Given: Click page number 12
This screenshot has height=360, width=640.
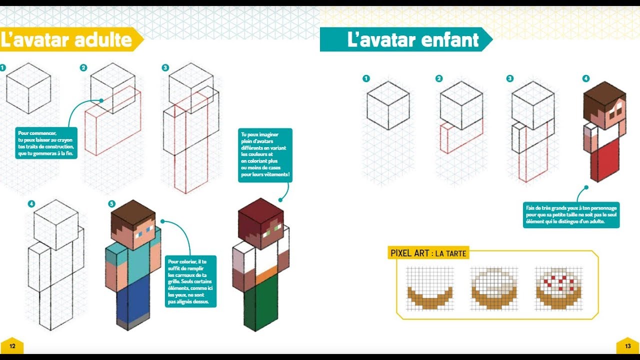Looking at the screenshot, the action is coord(12,346).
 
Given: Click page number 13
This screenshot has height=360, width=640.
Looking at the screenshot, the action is coord(627,346).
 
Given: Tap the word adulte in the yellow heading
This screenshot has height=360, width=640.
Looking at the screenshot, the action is coord(103,39).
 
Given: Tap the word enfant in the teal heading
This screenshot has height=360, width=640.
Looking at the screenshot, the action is coord(450,39).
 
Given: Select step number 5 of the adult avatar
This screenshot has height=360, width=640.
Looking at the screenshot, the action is coord(111,203).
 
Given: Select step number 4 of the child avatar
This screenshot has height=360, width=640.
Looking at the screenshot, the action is coord(585,78).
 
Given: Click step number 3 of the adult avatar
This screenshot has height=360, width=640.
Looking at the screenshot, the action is coord(165,67).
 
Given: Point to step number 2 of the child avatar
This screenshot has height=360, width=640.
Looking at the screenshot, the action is coord(439,78).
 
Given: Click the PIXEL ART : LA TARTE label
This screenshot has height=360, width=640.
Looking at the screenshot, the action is coord(428,253).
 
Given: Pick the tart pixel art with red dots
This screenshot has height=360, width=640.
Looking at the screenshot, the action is coord(558,288).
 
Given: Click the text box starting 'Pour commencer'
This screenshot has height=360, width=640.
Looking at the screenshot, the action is coord(46,143).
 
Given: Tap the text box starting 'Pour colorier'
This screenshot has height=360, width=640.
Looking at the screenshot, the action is coord(190,281).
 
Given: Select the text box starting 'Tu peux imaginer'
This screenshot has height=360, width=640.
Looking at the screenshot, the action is coord(265,155).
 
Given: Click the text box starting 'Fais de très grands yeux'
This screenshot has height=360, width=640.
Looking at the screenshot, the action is coord(571,215).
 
